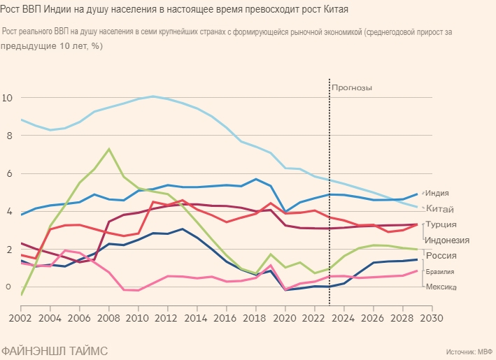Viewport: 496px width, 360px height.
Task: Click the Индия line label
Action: click(x=437, y=193)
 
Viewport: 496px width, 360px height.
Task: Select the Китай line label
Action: click(x=439, y=209)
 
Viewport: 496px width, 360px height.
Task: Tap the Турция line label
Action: click(x=441, y=224)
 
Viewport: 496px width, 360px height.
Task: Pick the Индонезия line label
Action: click(x=447, y=240)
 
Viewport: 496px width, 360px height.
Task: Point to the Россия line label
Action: click(x=441, y=256)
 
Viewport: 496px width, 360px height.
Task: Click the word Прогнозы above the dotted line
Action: click(x=352, y=88)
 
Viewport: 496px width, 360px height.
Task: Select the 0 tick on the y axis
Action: click(x=8, y=287)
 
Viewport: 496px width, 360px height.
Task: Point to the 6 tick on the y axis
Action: click(x=8, y=173)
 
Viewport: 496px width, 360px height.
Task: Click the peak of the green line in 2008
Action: click(x=108, y=149)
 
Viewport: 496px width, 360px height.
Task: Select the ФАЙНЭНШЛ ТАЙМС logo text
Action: click(x=55, y=350)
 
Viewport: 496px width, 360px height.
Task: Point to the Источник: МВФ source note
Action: click(x=469, y=352)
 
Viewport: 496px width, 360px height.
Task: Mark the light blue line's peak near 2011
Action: click(x=153, y=96)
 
